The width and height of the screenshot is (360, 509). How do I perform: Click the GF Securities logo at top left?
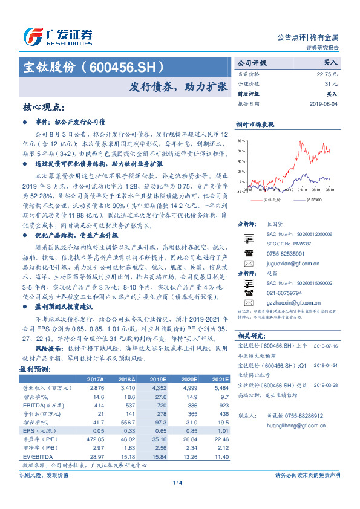click(57, 36)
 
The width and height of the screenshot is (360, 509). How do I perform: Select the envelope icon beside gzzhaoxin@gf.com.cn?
click(248, 302)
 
